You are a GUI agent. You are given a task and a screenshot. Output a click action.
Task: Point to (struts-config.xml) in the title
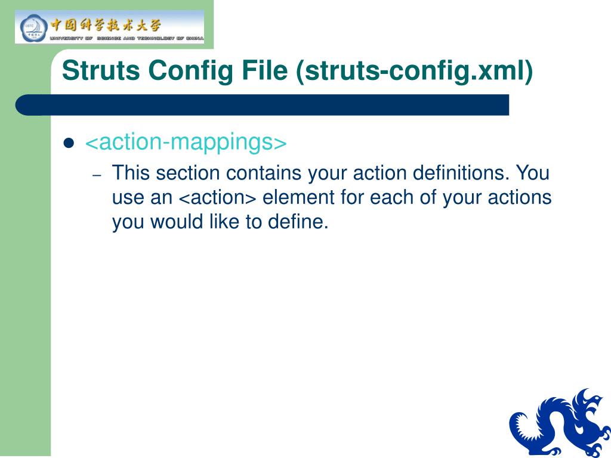point(414,71)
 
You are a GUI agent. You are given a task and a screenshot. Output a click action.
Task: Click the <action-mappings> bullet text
point(186,143)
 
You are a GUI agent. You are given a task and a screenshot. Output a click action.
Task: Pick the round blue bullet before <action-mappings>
point(69,143)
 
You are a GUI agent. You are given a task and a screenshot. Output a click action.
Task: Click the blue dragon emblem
point(558,422)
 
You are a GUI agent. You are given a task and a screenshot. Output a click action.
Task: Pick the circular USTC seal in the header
point(31,27)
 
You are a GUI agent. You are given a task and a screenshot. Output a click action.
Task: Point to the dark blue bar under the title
point(263,104)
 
